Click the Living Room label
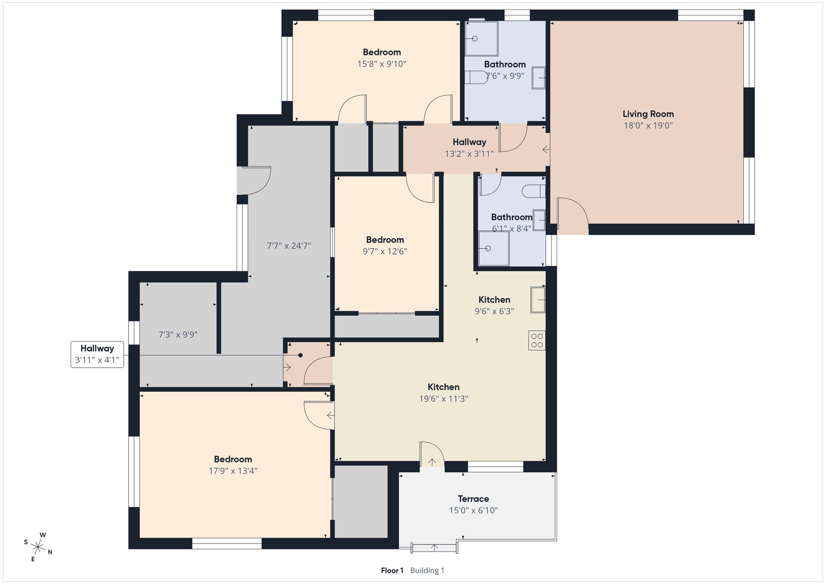coord(648,114)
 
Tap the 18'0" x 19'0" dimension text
coord(648,126)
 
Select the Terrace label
coord(473,499)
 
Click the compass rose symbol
coord(38,547)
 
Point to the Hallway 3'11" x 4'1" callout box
coord(97,354)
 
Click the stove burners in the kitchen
coord(537,340)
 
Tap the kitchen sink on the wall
coord(538,299)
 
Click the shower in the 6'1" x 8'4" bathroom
coord(494,249)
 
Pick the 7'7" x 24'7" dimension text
coord(289,246)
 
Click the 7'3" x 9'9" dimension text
coord(178,335)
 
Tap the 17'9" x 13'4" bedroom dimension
coord(233,471)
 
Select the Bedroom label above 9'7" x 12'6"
coord(385,240)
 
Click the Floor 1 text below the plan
coord(392,570)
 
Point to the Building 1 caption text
coord(427,570)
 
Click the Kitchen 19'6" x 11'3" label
coord(444,393)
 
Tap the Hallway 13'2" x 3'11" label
coord(469,148)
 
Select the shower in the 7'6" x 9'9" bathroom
coord(481,39)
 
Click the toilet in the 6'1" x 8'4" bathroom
coord(534,191)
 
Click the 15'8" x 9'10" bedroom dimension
coord(382,64)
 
